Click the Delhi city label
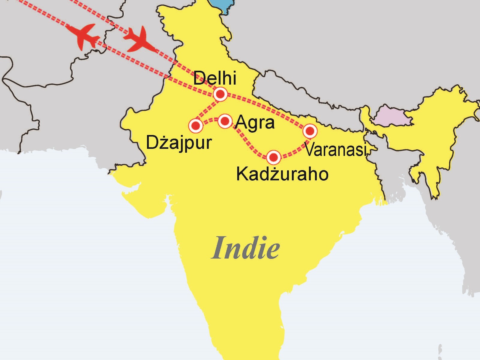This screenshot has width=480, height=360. (x=214, y=78)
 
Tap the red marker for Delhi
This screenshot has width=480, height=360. (x=220, y=94)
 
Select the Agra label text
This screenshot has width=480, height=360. (x=255, y=122)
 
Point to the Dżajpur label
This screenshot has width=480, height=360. (x=179, y=143)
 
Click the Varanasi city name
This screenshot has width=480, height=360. (x=335, y=149)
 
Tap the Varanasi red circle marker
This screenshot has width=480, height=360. (x=310, y=131)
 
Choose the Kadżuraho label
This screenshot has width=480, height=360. (x=282, y=174)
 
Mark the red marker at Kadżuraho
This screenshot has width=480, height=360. (x=274, y=157)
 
